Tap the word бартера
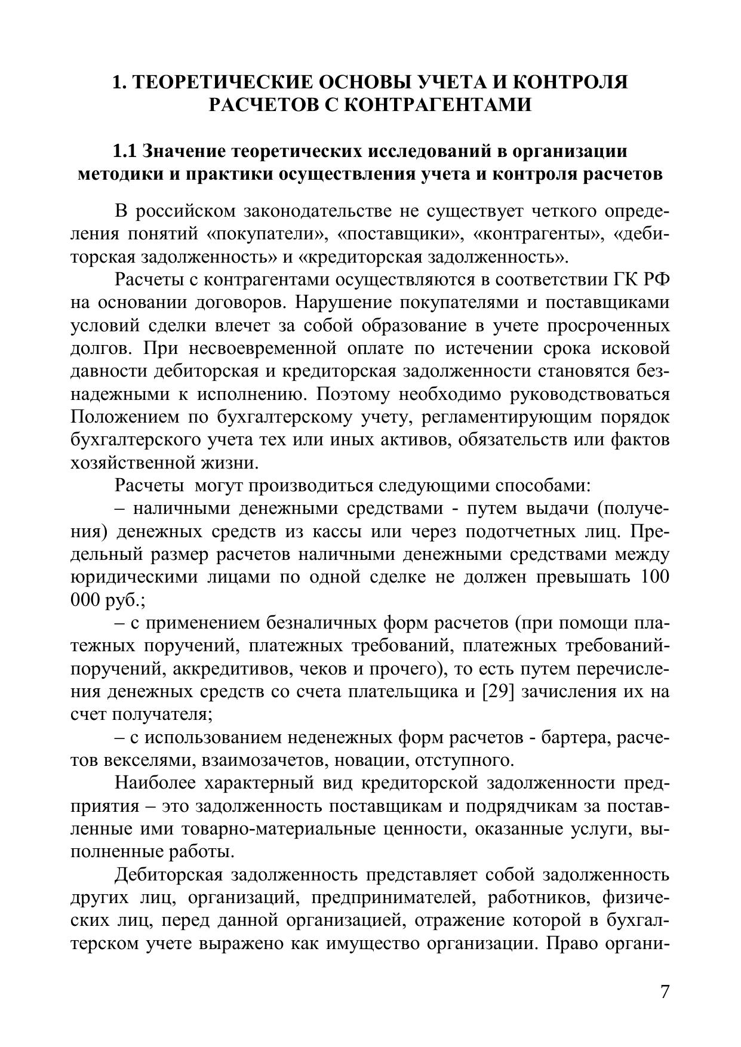pyautogui.click(x=574, y=738)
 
